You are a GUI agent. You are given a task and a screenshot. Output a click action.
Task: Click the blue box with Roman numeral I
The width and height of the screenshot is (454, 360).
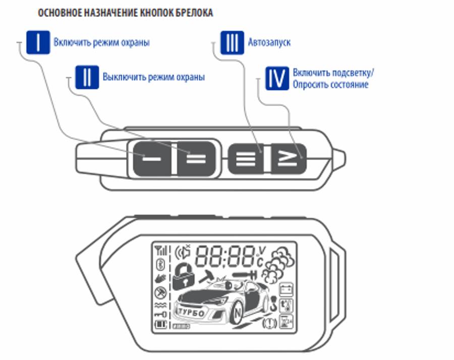[x=38, y=42]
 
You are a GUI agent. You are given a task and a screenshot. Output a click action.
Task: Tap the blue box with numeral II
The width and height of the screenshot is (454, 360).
[x=87, y=77]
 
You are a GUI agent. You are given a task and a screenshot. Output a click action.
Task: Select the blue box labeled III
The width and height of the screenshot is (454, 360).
[x=232, y=42]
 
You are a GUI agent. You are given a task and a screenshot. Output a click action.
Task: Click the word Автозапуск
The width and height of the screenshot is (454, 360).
[x=269, y=43]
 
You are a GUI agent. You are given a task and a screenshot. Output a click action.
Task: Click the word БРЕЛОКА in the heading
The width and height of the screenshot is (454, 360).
[x=193, y=13]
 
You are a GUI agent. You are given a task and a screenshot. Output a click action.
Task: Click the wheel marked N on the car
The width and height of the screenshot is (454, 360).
[x=238, y=312]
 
